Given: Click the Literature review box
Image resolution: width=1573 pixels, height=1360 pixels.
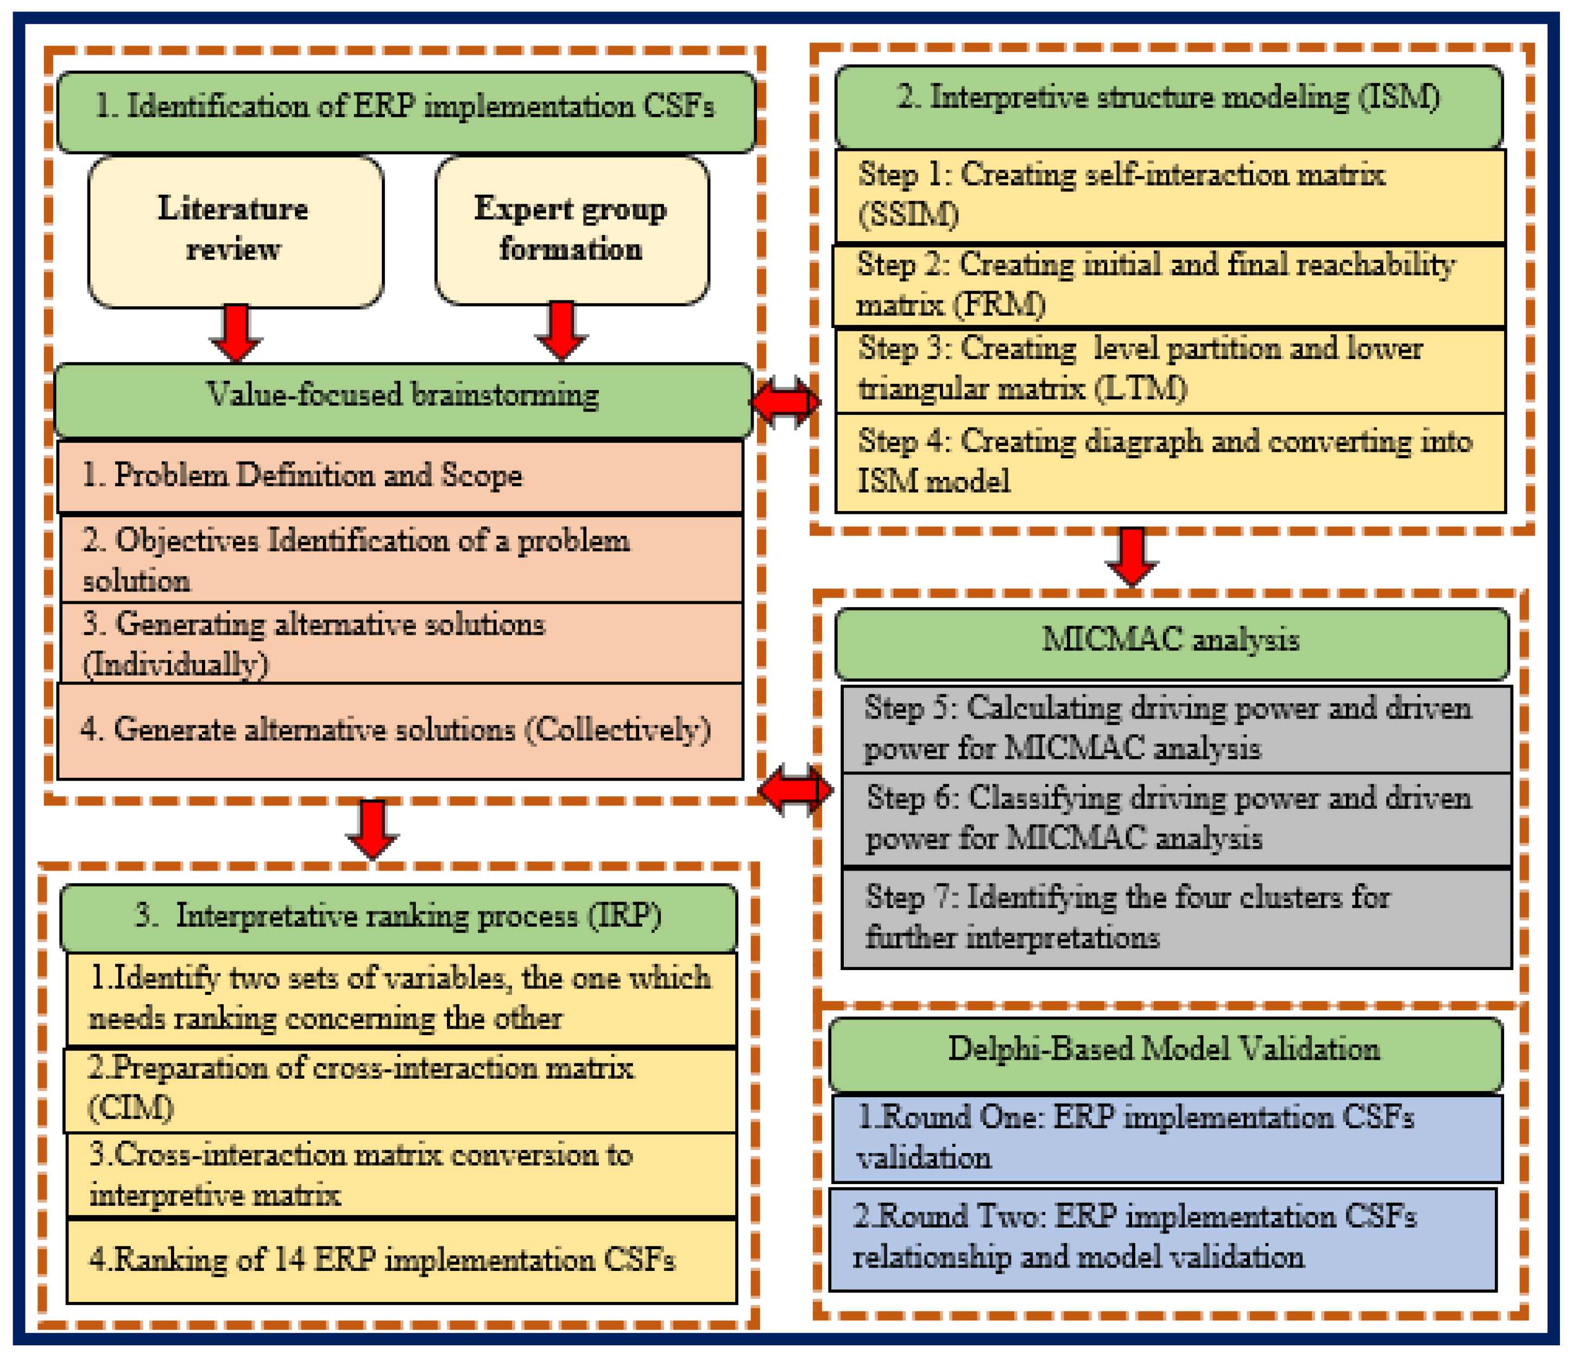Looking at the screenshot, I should [x=235, y=231].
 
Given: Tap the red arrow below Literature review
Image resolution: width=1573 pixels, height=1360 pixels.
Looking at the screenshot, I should [x=236, y=332].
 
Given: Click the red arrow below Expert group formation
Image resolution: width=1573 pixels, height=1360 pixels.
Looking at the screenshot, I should [x=560, y=330].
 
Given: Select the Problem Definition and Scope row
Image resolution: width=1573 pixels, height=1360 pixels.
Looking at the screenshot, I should [x=400, y=475].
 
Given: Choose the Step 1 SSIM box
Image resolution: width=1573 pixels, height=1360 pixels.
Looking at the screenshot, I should [x=1169, y=195].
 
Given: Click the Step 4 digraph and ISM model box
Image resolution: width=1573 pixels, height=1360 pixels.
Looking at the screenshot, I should [x=1169, y=462].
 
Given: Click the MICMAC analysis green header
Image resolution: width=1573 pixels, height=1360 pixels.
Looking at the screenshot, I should [x=1171, y=641].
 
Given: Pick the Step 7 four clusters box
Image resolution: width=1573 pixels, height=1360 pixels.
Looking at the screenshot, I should [x=1175, y=917].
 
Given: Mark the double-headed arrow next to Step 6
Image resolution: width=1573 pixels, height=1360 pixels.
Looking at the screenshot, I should [x=795, y=790].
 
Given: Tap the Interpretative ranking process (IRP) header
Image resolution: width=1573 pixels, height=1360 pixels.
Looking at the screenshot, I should [x=399, y=917].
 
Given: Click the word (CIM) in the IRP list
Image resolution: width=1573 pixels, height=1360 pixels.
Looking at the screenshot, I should [x=130, y=1109].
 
